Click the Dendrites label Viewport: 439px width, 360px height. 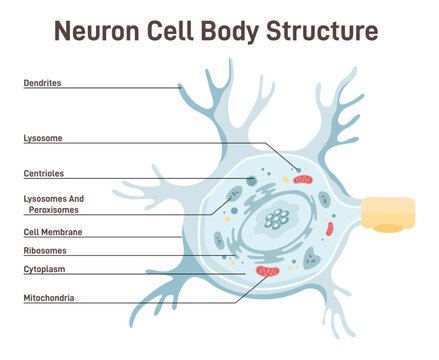coord(42,83)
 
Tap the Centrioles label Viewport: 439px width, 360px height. coord(44,173)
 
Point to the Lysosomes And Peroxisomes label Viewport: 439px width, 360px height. coord(54,204)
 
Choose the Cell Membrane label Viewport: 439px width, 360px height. coord(52,231)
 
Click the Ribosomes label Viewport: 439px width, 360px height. coord(45,250)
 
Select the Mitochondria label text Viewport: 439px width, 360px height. coord(49,297)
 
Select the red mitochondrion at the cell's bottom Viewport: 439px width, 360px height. coord(267,271)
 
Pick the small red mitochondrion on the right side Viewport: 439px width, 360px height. coord(329,229)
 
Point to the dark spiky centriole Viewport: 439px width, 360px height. coord(252,181)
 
